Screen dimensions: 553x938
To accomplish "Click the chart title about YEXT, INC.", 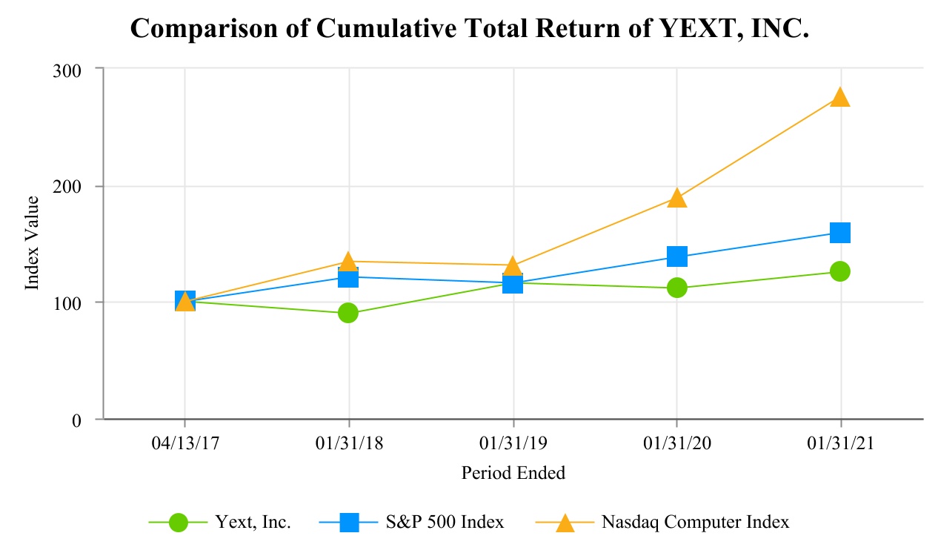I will pyautogui.click(x=469, y=28).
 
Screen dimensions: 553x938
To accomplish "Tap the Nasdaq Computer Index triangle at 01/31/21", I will pyautogui.click(x=840, y=97).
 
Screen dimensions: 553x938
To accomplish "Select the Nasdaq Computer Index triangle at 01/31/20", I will pyautogui.click(x=676, y=197).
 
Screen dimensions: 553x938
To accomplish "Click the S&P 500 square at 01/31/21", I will pyautogui.click(x=840, y=233).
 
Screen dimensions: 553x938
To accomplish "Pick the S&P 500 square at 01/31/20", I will pyautogui.click(x=676, y=257).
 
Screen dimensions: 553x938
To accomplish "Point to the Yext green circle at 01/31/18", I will pyautogui.click(x=348, y=313).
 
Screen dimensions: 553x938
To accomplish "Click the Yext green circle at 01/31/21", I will pyautogui.click(x=840, y=271).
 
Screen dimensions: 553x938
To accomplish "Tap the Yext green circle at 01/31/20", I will pyautogui.click(x=676, y=288).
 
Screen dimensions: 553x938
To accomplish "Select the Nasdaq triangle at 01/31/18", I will pyautogui.click(x=348, y=261).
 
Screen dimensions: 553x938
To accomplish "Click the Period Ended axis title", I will pyautogui.click(x=513, y=473).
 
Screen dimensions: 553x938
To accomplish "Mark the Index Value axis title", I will pyautogui.click(x=33, y=243).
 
